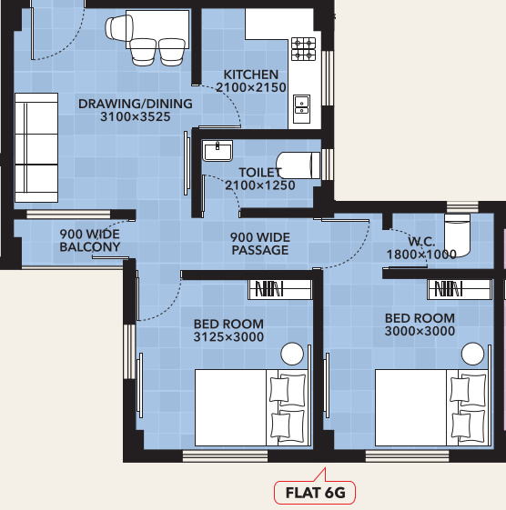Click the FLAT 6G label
tap(315, 493)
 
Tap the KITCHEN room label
tap(251, 75)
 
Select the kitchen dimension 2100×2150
tap(251, 88)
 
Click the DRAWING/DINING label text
tap(135, 104)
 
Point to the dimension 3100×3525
tap(135, 117)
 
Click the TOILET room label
tap(260, 172)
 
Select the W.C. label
tap(420, 242)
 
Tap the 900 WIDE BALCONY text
tap(90, 240)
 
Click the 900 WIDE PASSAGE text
tap(259, 243)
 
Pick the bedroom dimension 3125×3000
tap(228, 337)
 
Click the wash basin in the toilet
tap(217, 149)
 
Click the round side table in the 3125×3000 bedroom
tap(292, 355)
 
